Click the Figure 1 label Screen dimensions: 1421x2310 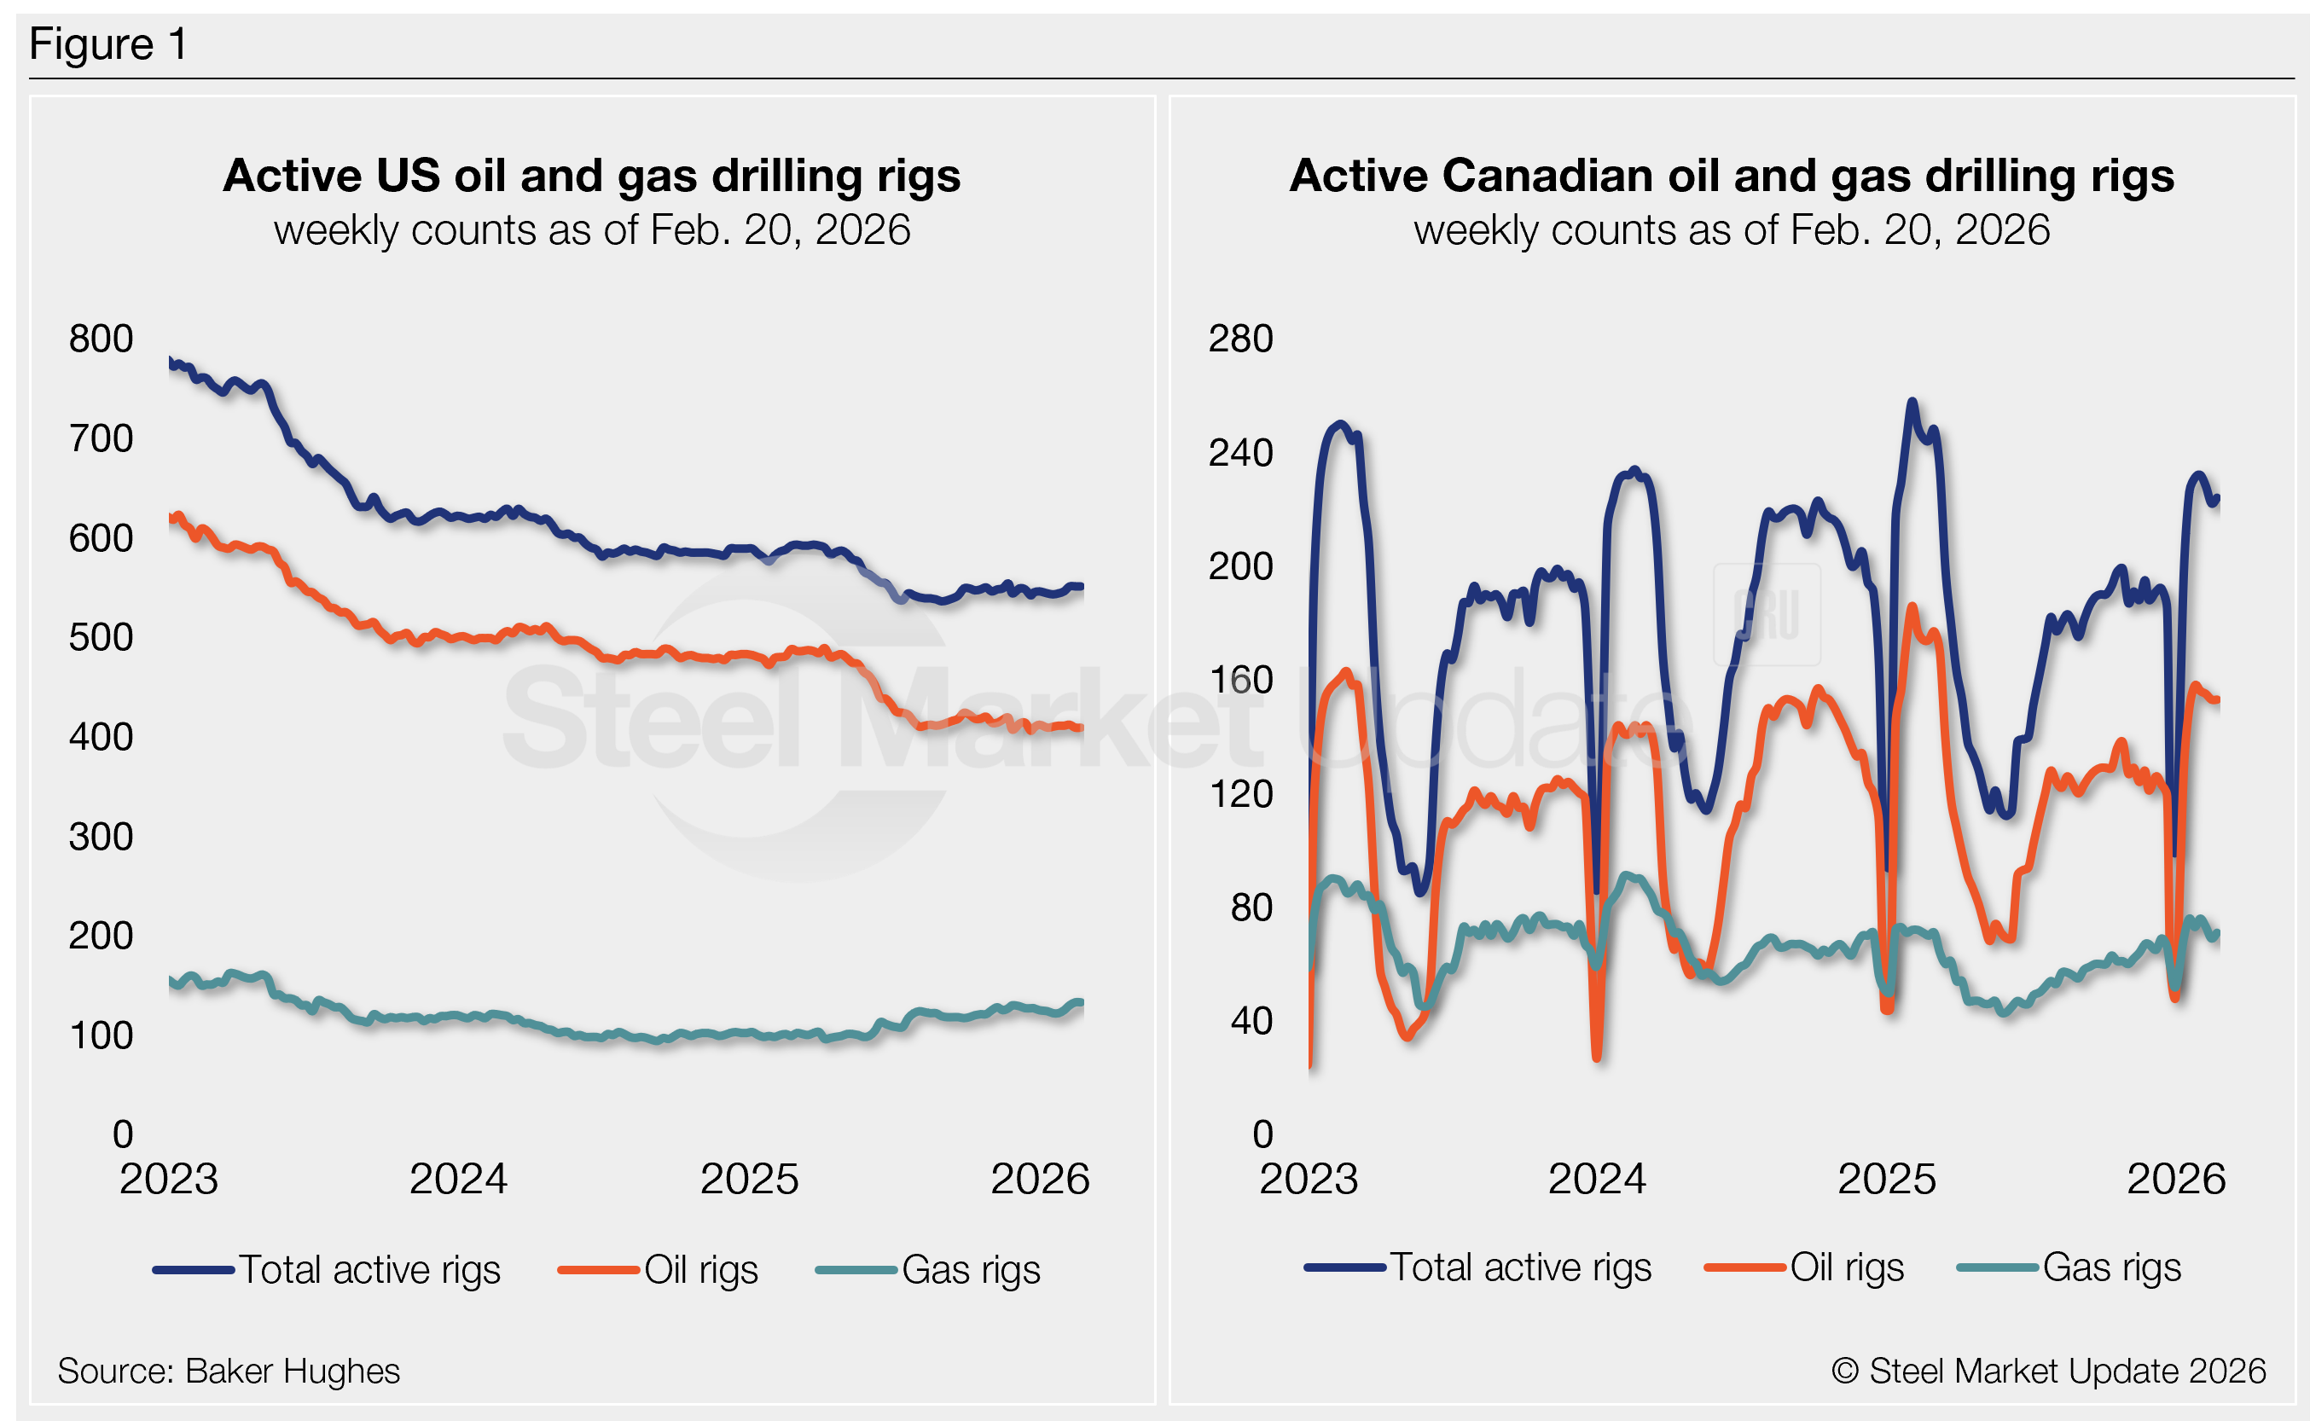[x=108, y=44]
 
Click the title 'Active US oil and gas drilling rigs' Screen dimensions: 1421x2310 [x=591, y=176]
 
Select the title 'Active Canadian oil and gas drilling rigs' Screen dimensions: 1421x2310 [x=1731, y=176]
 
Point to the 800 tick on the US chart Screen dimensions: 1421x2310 [x=101, y=339]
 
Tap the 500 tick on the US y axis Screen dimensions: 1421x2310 [x=101, y=637]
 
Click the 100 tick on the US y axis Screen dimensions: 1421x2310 [x=101, y=1035]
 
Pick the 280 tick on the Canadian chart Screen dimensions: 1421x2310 [x=1239, y=339]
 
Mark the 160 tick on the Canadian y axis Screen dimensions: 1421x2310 [x=1239, y=681]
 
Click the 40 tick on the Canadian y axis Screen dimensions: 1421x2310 [x=1251, y=1021]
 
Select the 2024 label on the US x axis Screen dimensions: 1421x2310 [x=458, y=1180]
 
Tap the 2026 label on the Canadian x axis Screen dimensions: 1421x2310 [x=2175, y=1180]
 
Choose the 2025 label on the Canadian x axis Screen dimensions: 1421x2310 [x=1886, y=1180]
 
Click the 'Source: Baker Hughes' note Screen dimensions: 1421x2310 [x=229, y=1372]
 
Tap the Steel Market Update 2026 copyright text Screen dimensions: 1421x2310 [x=2049, y=1372]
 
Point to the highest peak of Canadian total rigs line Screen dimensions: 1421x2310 [x=1912, y=403]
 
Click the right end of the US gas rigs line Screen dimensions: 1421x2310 [x=1082, y=1003]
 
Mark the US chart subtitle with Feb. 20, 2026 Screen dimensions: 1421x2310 [x=591, y=230]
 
